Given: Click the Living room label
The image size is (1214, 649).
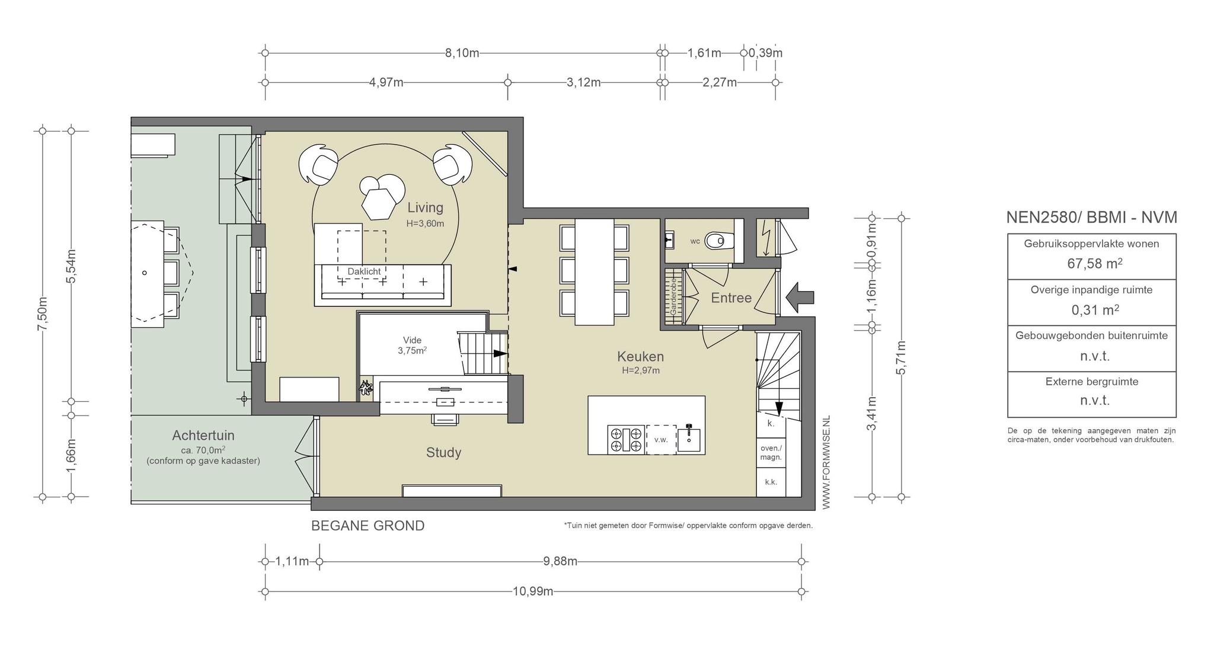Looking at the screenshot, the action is [425, 207].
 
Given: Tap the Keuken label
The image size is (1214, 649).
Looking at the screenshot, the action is [640, 356].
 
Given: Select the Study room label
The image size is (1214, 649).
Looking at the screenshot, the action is [443, 453].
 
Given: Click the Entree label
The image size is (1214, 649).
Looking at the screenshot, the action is [731, 298].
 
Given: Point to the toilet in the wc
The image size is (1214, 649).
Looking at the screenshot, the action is [720, 240].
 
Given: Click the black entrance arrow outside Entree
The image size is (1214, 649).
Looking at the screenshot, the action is [799, 297].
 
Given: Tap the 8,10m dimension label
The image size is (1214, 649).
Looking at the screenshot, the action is [462, 53].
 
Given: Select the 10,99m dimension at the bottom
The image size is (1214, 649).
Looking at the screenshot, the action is [533, 591].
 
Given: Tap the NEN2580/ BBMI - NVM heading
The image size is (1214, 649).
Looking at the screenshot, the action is [1091, 218].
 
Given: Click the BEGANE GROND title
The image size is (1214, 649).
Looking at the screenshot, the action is [368, 526].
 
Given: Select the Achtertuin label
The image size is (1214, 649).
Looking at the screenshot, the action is [203, 436].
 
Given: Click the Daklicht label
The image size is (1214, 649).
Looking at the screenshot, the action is [364, 271].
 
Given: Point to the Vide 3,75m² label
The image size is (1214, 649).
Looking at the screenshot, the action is [413, 345].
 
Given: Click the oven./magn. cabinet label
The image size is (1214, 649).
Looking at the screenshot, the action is [771, 453].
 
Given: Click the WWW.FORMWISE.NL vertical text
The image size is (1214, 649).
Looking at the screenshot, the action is [826, 462].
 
